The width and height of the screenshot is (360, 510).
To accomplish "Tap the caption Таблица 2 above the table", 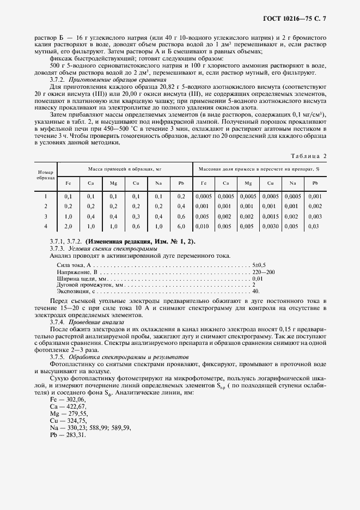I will point(308,156).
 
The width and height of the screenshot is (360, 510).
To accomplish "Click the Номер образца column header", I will point(46,175).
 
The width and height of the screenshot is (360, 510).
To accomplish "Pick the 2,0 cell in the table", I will point(69,226).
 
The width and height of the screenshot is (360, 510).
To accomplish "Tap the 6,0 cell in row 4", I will point(181,226).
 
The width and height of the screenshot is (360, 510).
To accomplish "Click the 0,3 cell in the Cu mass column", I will point(136,216).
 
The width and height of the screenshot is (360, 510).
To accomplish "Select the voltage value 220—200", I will point(264,271).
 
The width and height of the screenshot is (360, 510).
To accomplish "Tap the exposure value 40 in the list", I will point(255,292).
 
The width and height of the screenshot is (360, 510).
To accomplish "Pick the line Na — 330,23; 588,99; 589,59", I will point(90,428).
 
